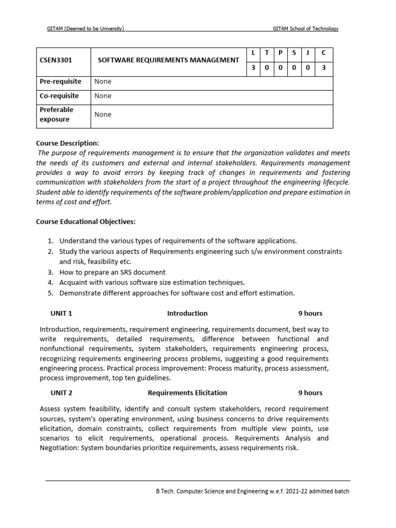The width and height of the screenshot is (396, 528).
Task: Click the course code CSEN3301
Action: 56,60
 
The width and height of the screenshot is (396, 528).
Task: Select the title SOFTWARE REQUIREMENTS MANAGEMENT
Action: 169,60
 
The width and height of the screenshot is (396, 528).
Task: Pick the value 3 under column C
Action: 323,68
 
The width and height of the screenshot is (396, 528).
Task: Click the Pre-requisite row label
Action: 60,81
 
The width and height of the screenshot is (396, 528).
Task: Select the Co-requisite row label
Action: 59,96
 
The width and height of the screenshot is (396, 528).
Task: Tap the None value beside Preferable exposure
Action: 103,114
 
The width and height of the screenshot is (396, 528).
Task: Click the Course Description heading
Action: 67,143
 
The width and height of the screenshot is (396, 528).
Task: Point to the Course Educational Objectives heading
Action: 86,222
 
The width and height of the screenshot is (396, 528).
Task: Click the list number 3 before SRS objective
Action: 51,272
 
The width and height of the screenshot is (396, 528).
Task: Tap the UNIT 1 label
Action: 61,313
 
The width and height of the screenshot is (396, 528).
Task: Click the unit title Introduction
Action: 187,313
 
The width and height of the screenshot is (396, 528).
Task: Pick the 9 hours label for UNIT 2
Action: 310,392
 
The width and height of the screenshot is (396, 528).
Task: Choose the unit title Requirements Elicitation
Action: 187,392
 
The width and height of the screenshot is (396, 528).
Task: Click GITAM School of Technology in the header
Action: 305,29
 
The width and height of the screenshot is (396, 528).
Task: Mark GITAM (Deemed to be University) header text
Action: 86,29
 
